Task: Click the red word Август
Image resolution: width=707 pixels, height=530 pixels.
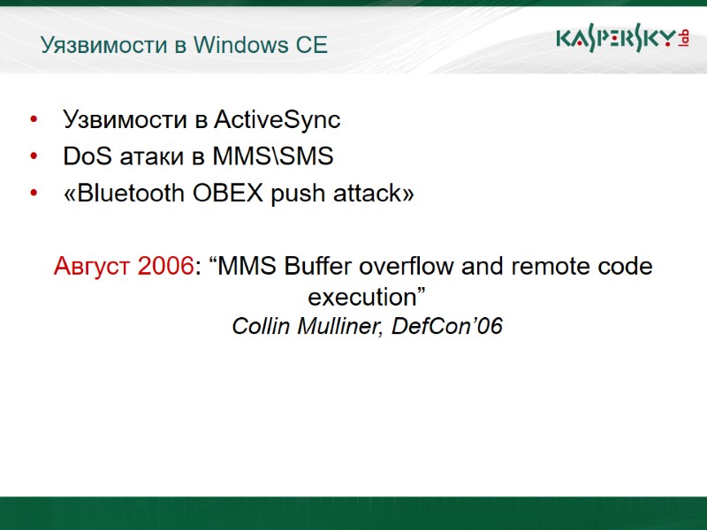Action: click(x=93, y=266)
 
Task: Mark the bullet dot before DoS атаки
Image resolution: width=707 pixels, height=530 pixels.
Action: click(x=34, y=157)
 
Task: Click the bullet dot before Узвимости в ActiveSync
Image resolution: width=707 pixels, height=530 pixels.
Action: click(x=34, y=119)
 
